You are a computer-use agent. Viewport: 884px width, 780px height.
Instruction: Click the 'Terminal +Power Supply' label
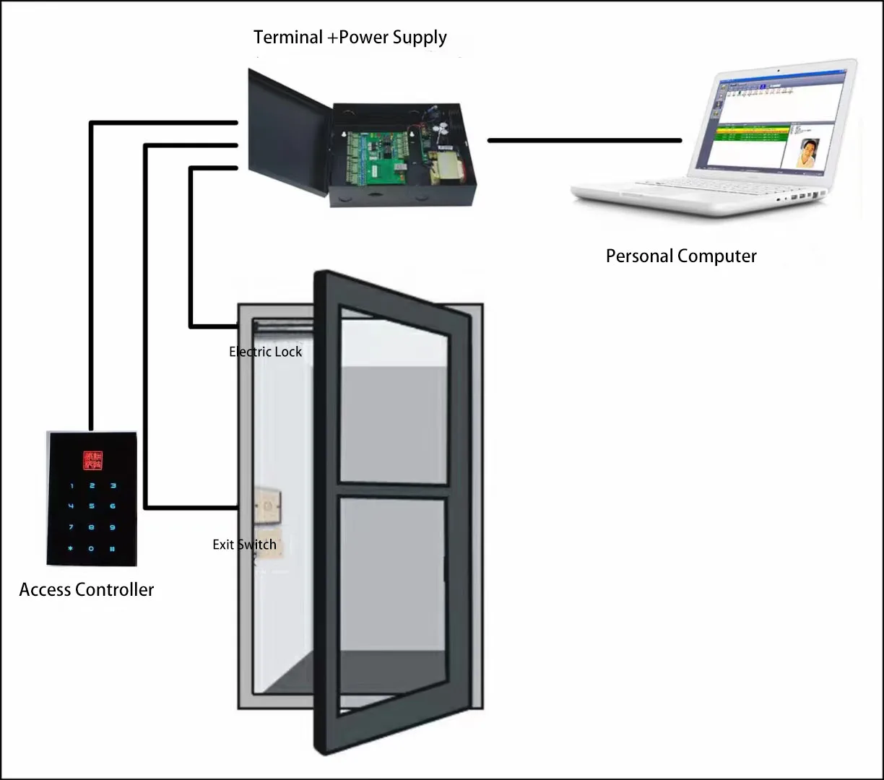click(350, 38)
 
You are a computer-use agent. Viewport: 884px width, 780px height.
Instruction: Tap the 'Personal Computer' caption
click(681, 256)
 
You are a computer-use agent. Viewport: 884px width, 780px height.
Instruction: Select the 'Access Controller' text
click(87, 590)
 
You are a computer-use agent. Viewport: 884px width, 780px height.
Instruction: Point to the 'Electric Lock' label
click(265, 352)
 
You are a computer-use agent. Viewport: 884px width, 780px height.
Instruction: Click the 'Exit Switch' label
click(244, 545)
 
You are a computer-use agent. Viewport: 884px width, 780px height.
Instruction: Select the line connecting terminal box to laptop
click(584, 140)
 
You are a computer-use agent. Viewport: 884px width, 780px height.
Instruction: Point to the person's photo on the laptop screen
click(809, 152)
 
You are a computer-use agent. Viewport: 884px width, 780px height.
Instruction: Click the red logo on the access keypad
click(92, 460)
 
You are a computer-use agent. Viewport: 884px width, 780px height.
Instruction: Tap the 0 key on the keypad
click(92, 549)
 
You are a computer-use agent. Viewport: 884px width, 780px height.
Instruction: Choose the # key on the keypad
click(113, 549)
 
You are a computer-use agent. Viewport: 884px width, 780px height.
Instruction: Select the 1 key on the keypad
click(71, 485)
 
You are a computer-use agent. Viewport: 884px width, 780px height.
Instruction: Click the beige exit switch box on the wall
click(268, 506)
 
